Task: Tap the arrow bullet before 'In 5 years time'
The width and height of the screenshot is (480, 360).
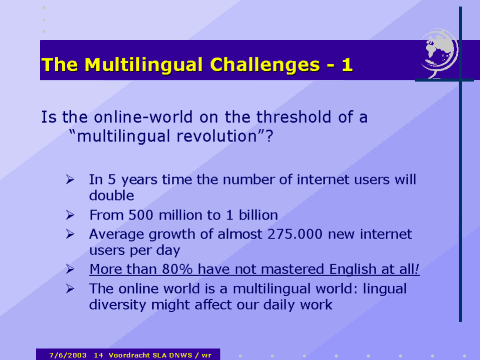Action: click(69, 180)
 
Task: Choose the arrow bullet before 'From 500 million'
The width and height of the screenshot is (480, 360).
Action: click(69, 215)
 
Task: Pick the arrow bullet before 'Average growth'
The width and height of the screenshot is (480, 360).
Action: click(69, 233)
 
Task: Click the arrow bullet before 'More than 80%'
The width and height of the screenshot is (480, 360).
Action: click(69, 269)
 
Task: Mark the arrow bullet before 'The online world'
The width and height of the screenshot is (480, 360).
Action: click(69, 287)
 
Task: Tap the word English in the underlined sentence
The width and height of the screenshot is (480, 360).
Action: click(335, 269)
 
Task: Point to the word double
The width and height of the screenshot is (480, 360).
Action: click(112, 196)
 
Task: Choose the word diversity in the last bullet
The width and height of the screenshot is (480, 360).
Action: click(121, 303)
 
